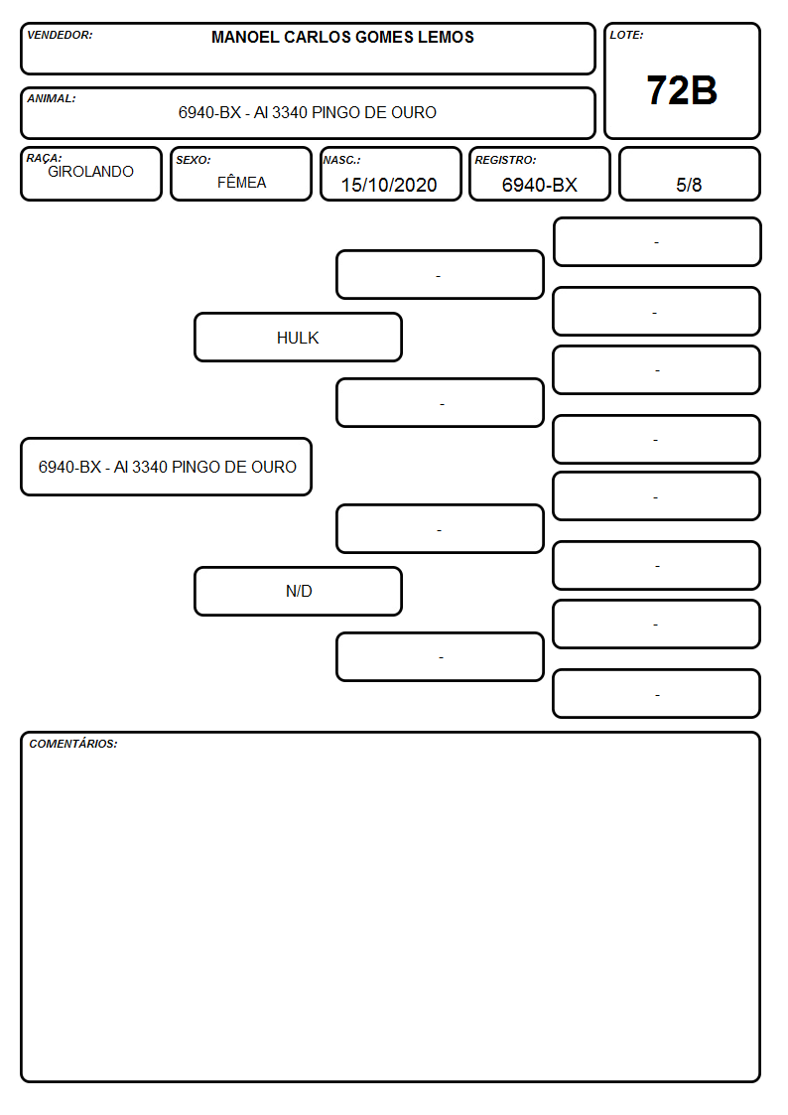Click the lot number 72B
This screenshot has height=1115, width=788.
coord(682,91)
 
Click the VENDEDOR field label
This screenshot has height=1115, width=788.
coord(60,35)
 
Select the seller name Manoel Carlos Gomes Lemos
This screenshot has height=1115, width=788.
coord(342,37)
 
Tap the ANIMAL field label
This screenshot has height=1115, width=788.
coord(52,99)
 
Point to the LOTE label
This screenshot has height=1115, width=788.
coord(626,35)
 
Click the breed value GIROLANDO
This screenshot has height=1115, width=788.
coord(91,172)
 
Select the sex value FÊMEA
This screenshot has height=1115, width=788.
coord(241,182)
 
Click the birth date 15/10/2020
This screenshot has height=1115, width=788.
coord(389,185)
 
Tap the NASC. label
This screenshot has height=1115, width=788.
coord(341,161)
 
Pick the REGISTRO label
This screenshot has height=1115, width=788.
coord(505,161)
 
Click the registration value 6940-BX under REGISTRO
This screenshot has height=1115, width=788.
coord(539,185)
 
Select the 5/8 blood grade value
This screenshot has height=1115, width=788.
coord(689,185)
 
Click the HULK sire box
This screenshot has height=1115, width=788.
coord(298,337)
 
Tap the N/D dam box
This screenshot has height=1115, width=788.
coord(298,591)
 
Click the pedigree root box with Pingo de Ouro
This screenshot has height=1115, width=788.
coord(167,467)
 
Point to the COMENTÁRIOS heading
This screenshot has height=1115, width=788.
coord(73,744)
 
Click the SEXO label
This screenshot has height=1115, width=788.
coord(194,161)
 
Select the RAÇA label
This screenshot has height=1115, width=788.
coord(44,158)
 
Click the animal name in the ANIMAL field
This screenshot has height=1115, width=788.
coord(307,112)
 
